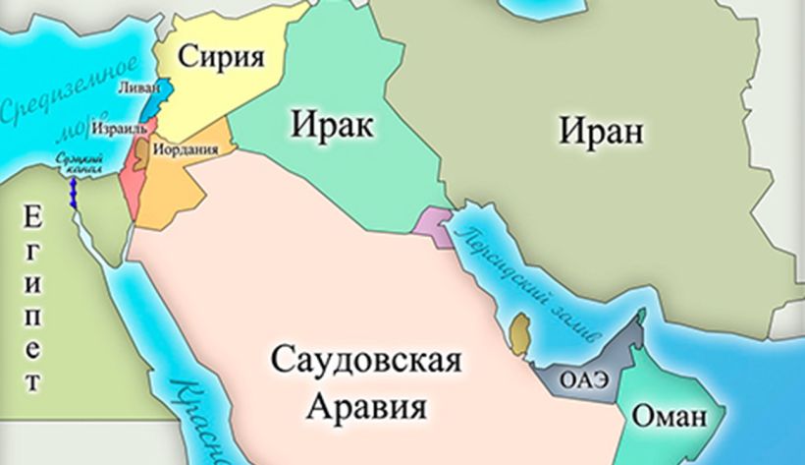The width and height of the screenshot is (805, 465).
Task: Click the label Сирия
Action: pyautogui.click(x=221, y=57)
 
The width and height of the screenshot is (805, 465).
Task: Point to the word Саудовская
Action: pyautogui.click(x=363, y=359)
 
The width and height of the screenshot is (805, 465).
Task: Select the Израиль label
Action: pyautogui.click(x=117, y=129)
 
